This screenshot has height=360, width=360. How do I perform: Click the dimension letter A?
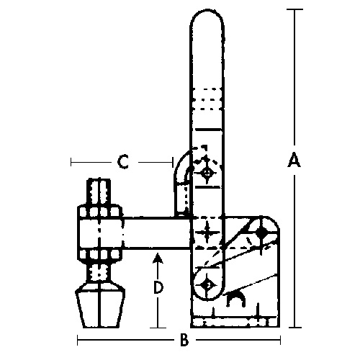[294, 161]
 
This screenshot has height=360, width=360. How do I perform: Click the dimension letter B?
[184, 340]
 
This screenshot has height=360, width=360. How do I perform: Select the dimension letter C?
[123, 162]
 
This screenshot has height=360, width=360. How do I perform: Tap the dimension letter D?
[158, 287]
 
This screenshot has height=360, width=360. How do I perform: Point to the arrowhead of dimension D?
[158, 257]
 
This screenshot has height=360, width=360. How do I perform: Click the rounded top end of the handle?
[207, 17]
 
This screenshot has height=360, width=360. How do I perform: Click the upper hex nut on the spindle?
[99, 212]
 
